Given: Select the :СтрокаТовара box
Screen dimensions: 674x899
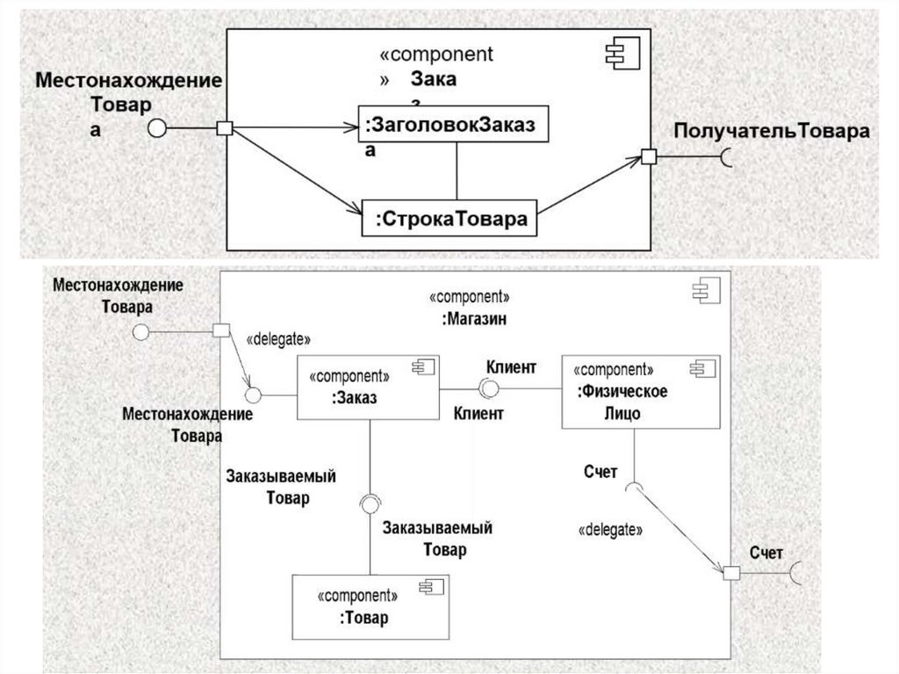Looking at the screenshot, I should click(x=450, y=218).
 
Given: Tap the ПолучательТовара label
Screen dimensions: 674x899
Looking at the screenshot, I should click(x=771, y=132).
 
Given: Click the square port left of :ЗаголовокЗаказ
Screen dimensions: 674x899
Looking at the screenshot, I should click(x=225, y=128).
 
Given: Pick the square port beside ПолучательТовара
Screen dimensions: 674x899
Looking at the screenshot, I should click(x=649, y=157).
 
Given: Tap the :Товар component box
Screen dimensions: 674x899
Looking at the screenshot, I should click(x=370, y=607).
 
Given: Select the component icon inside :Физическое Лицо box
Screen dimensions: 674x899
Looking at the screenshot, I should click(x=702, y=369).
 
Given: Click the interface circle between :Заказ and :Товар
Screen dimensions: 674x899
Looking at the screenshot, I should click(x=370, y=504).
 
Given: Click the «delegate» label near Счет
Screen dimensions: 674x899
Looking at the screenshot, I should click(x=611, y=531).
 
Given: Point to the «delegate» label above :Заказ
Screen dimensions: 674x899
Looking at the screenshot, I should click(x=280, y=338).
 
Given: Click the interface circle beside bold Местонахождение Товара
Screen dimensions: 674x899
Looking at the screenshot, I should click(x=156, y=128).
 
